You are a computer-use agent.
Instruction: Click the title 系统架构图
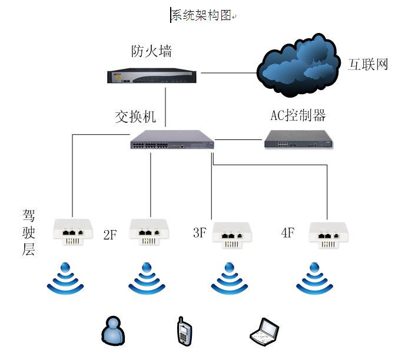[x=201, y=15]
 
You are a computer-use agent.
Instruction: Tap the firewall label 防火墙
[x=151, y=51]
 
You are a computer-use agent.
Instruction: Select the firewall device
[x=152, y=75]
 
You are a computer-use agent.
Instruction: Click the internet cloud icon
[x=297, y=65]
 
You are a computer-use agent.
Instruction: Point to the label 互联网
[x=368, y=64]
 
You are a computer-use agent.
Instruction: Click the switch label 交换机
[x=135, y=117]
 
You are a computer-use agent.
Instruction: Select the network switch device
[x=172, y=139]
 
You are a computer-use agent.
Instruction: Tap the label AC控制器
[x=298, y=115]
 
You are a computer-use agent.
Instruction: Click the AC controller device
[x=298, y=139]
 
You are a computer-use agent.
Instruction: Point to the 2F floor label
[x=110, y=235]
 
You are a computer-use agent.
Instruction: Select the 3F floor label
[x=200, y=232]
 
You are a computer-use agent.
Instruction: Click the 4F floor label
[x=288, y=232]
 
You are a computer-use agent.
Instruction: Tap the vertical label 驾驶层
[x=28, y=232]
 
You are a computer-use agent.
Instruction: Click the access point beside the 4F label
[x=328, y=235]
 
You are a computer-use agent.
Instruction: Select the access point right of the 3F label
[x=232, y=235]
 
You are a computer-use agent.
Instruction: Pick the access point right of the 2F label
[x=149, y=232]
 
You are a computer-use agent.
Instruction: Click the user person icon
[x=113, y=331]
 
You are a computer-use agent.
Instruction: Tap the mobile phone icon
[x=184, y=331]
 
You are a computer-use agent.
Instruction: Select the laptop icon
[x=264, y=332]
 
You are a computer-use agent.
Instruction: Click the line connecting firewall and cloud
[x=229, y=73]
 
